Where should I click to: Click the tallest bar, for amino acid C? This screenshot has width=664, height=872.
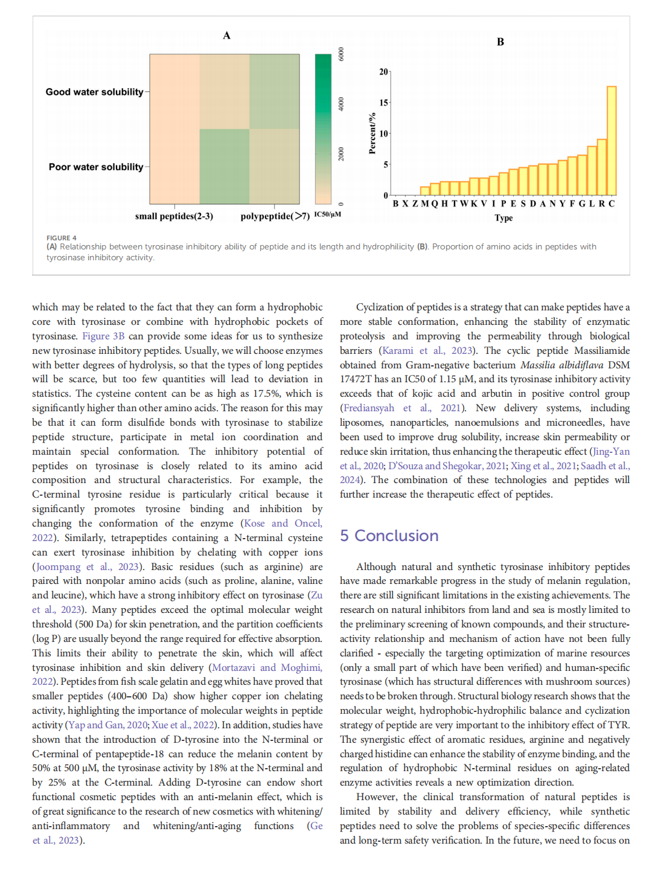tap(611, 140)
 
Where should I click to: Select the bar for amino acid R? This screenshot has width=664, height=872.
tap(602, 167)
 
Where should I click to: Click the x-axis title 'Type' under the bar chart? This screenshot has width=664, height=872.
tap(503, 218)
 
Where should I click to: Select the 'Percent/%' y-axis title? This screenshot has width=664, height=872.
tap(372, 133)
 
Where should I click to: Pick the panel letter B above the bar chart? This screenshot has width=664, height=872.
tap(500, 42)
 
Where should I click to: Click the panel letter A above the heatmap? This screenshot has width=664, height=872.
tap(226, 36)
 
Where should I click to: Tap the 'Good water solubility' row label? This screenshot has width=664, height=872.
tap(94, 92)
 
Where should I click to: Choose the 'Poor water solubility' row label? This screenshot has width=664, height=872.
tap(96, 167)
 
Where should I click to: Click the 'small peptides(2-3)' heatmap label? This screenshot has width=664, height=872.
tap(174, 216)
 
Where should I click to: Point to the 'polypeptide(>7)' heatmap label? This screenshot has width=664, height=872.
tap(275, 216)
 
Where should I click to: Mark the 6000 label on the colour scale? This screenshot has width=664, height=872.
tap(341, 54)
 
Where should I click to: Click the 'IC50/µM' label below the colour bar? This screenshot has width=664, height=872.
tap(328, 214)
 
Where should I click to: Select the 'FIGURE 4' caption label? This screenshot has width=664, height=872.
tap(62, 238)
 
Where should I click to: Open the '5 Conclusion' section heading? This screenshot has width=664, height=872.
tap(389, 536)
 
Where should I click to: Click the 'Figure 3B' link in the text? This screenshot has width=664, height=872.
tap(103, 336)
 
